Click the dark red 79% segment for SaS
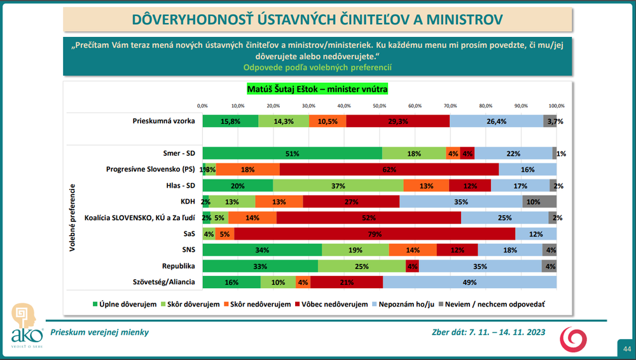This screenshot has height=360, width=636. pyautogui.click(x=375, y=233)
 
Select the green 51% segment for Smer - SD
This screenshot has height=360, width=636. pyautogui.click(x=292, y=153)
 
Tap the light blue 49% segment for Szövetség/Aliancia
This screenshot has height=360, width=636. pyautogui.click(x=469, y=282)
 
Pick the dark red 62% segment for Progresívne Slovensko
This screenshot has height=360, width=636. pyautogui.click(x=389, y=169)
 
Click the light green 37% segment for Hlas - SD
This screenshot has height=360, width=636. pyautogui.click(x=338, y=185)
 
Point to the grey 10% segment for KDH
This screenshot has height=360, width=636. pyautogui.click(x=539, y=201)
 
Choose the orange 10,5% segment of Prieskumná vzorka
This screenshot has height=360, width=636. pyautogui.click(x=328, y=121)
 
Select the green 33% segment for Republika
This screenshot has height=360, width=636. pyautogui.click(x=261, y=265)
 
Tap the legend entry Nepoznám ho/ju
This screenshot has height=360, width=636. pyautogui.click(x=406, y=305)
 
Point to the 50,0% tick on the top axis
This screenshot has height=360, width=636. pyautogui.click(x=380, y=106)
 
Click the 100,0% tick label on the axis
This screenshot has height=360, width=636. pyautogui.click(x=556, y=106)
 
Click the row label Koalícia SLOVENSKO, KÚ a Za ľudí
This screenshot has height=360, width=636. pyautogui.click(x=139, y=218)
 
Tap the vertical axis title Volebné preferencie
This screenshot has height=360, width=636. pyautogui.click(x=73, y=217)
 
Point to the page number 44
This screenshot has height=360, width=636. pyautogui.click(x=626, y=349)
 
